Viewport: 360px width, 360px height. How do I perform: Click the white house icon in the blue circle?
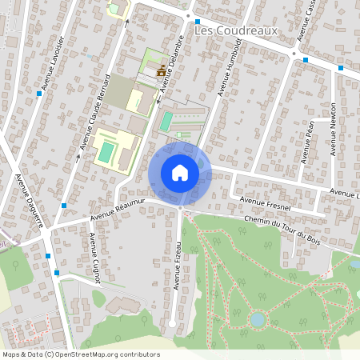pyautogui.click(x=180, y=173)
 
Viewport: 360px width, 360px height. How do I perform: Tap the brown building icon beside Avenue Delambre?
pyautogui.click(x=162, y=72)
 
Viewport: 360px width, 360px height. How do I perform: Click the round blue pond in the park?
pyautogui.click(x=257, y=318)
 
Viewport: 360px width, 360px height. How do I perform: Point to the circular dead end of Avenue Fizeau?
pyautogui.click(x=172, y=324)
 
